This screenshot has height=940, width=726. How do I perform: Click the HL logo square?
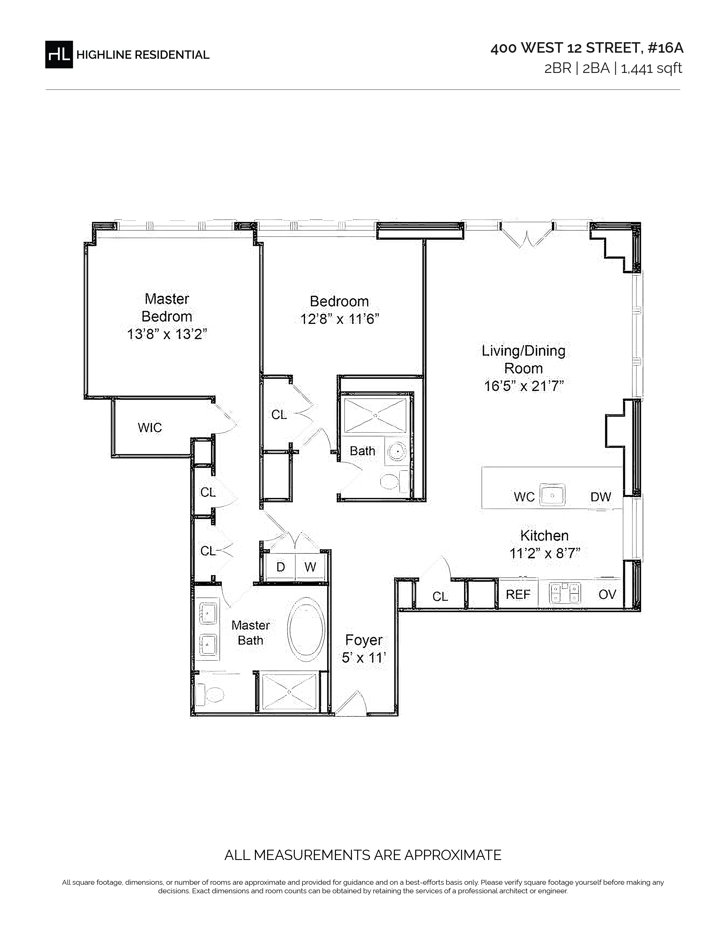click(59, 54)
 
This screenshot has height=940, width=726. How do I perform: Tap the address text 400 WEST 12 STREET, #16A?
click(587, 48)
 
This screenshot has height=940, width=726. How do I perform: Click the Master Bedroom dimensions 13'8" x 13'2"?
click(167, 334)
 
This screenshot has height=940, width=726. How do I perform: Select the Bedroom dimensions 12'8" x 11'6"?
click(339, 319)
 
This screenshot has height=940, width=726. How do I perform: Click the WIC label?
click(150, 427)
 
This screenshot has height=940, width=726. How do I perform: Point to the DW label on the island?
click(600, 497)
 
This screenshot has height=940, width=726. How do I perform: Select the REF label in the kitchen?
click(518, 594)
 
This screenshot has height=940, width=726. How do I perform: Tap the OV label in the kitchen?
click(607, 594)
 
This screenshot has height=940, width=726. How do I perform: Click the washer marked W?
click(311, 567)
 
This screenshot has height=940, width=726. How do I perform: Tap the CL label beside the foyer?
click(440, 596)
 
